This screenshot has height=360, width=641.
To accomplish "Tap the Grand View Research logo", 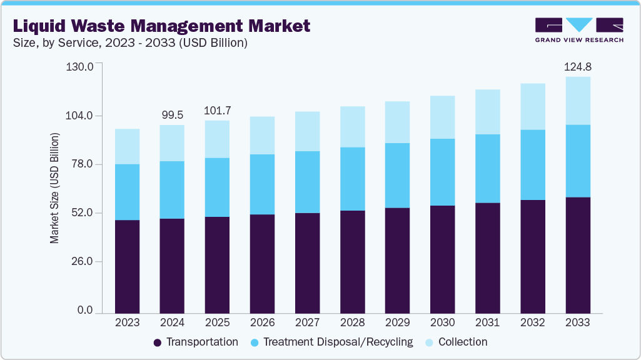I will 578,30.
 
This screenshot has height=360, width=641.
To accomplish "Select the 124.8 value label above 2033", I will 577,66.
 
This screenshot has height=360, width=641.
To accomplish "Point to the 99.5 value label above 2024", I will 172,114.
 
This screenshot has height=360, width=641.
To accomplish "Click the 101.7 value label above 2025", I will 217,110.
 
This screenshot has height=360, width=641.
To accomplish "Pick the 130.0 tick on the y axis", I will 79,67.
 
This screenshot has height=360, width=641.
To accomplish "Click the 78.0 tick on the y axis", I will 79,164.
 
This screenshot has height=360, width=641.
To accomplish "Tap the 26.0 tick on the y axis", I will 79,261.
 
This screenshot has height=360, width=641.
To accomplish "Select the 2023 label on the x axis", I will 127,322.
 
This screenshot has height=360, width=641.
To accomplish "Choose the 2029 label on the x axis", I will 397,322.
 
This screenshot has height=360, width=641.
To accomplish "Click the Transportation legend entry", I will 196,342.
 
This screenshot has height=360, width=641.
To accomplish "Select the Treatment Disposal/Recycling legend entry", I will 331,342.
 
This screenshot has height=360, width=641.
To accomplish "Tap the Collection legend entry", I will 456,342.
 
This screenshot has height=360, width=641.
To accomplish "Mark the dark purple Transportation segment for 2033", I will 577,255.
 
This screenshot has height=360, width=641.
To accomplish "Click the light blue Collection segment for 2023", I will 127,146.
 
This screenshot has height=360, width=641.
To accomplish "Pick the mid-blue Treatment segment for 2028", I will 352,179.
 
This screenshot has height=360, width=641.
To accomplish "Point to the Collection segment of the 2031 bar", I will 487,112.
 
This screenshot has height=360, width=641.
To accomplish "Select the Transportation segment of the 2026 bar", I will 262,263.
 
